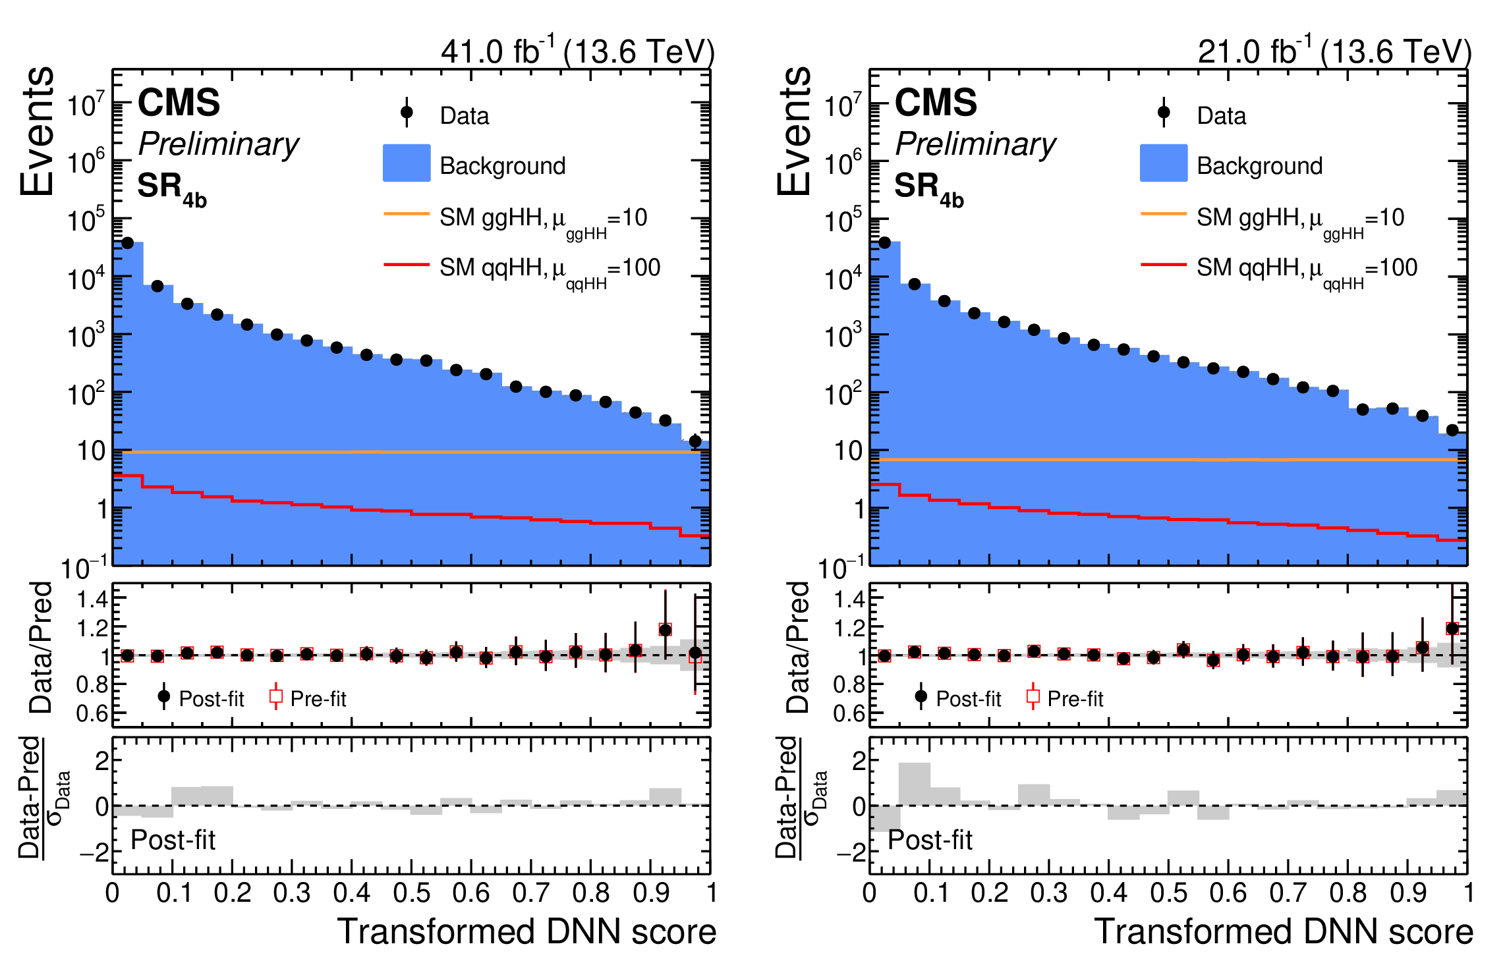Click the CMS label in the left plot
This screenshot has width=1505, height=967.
(x=179, y=103)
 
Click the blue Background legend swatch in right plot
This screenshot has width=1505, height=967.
(x=1164, y=163)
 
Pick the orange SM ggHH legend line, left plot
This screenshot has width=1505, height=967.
(x=407, y=213)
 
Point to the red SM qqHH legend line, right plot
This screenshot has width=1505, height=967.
(x=1164, y=265)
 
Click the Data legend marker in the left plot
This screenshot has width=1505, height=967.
(x=407, y=113)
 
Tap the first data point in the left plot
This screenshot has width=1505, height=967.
(x=128, y=243)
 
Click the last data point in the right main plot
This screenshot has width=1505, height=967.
(x=1452, y=430)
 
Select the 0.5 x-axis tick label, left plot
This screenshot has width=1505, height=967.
(x=411, y=893)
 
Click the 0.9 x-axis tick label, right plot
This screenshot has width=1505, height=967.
(x=1408, y=893)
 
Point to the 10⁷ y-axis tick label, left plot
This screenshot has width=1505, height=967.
(x=86, y=105)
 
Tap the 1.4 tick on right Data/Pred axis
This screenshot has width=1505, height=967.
(x=849, y=599)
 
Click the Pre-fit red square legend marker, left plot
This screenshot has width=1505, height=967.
(x=276, y=696)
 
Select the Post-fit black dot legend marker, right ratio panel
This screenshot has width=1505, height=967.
(x=921, y=696)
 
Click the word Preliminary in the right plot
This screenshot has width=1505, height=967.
(x=975, y=144)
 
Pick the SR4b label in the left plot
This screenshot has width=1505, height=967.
(x=172, y=190)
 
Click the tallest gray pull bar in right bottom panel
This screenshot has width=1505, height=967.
(x=915, y=784)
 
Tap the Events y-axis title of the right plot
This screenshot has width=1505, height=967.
(x=793, y=131)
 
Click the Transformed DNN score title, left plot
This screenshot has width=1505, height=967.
(x=526, y=931)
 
